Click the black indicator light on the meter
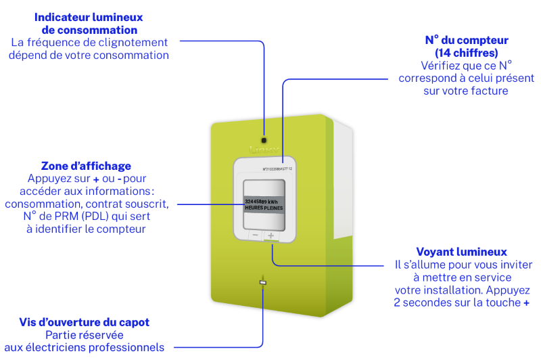pyautogui.click(x=264, y=122)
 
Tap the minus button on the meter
pyautogui.click(x=256, y=235)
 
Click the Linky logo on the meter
pyautogui.click(x=264, y=143)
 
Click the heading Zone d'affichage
pyautogui.click(x=86, y=166)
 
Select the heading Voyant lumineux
pyautogui.click(x=461, y=252)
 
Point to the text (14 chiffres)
pyautogui.click(x=466, y=52)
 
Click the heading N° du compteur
pyautogui.click(x=466, y=40)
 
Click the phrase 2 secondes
pyautogui.click(x=423, y=302)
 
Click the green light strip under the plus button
pyautogui.click(x=271, y=244)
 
